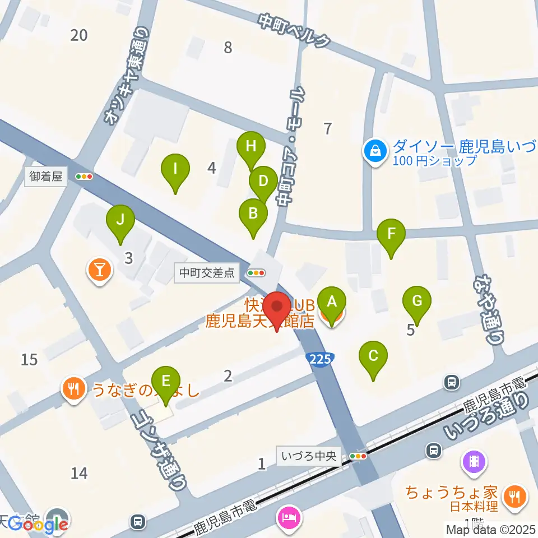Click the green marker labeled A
pos(332,303)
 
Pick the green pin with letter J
pos(120,221)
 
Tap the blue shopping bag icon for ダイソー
pos(374,151)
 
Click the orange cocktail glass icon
pos(100,271)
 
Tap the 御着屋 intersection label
pos(47,177)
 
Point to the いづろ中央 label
pos(309,456)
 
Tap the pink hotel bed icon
pos(290,516)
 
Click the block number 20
pos(79,35)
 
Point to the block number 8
pos(228,48)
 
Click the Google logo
pos(38,524)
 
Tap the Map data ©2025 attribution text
pos(490,529)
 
